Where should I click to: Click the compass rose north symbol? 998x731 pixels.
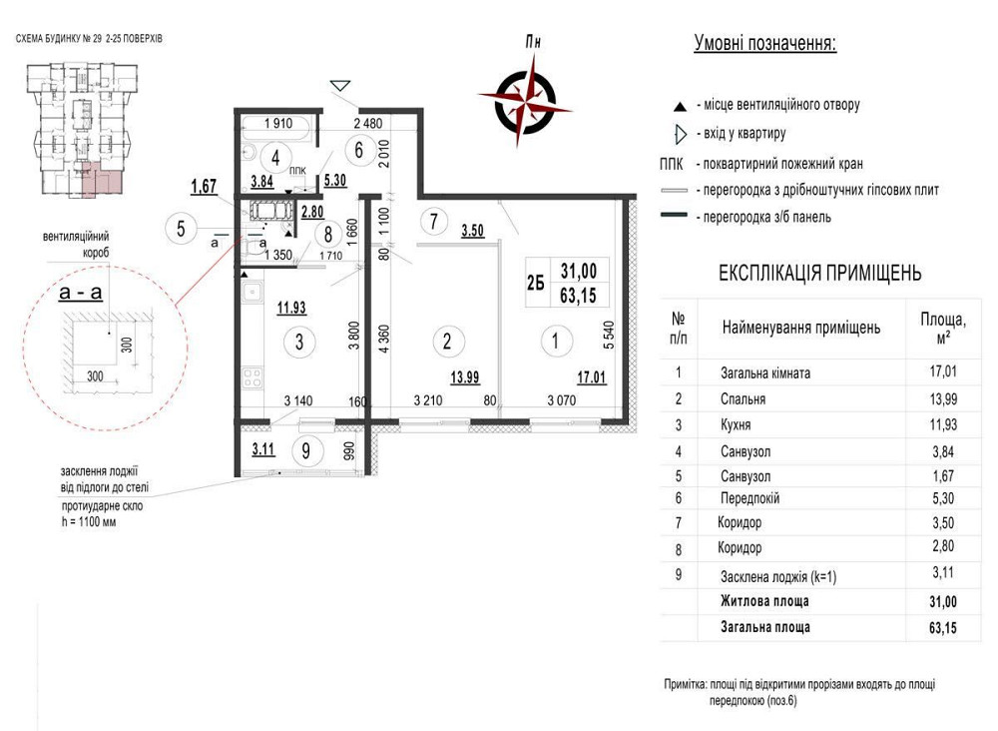[x=526, y=99]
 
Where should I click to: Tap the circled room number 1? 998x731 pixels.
[x=555, y=341]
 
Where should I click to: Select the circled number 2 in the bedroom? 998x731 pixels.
[x=447, y=341]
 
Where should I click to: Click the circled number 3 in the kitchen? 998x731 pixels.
[x=299, y=342]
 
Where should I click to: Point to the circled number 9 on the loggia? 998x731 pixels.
[x=306, y=450]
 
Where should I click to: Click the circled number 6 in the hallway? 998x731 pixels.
[x=359, y=150]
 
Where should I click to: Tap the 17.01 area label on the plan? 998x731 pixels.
[x=591, y=377]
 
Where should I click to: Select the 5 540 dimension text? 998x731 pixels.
[x=609, y=335]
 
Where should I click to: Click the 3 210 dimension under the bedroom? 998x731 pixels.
[x=428, y=400]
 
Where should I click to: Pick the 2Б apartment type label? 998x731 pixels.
[x=536, y=283]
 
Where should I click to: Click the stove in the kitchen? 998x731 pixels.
[x=252, y=376]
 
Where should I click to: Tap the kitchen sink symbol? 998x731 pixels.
[x=251, y=294]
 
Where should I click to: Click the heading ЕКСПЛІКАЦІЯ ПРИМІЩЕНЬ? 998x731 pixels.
[x=819, y=274]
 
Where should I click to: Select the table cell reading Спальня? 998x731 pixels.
[x=743, y=399]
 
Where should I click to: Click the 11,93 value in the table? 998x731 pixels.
[x=943, y=424]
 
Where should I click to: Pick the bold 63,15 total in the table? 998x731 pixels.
[x=943, y=628]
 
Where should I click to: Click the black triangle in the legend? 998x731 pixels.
[x=681, y=106]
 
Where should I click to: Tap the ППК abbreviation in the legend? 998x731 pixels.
[x=672, y=165]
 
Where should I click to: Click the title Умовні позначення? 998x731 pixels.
[x=765, y=43]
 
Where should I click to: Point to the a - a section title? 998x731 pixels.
[x=80, y=293]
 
